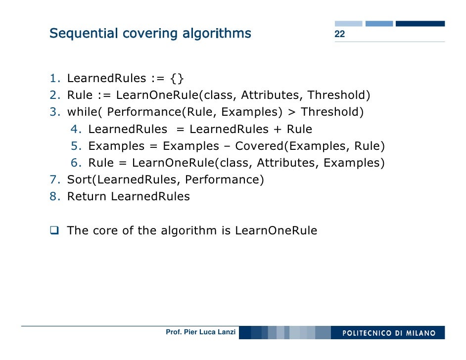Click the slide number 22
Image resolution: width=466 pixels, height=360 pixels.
point(339,34)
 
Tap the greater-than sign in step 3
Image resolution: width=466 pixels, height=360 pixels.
point(292,112)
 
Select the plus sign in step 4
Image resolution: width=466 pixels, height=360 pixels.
point(278,130)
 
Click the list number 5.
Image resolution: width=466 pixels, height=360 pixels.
point(75,146)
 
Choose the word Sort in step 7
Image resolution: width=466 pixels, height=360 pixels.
point(81,180)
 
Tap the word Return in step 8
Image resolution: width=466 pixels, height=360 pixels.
point(87,196)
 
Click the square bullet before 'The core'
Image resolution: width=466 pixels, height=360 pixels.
point(54,231)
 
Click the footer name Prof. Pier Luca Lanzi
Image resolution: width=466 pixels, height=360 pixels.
point(201,332)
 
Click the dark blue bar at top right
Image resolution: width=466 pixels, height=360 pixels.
point(420,23)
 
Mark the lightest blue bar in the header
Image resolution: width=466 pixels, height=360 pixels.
point(348,23)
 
